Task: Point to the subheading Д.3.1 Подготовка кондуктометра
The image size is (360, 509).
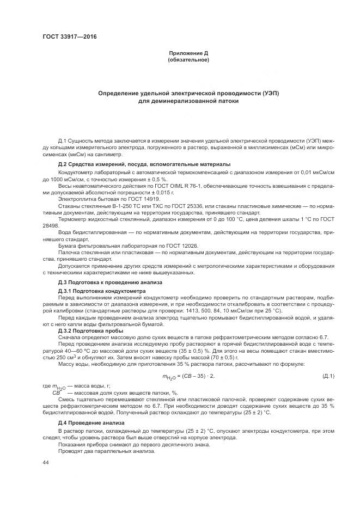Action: tap(102, 291)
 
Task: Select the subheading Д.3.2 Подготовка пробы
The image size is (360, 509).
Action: tap(90, 330)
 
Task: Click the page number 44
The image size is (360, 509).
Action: tap(46, 462)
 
